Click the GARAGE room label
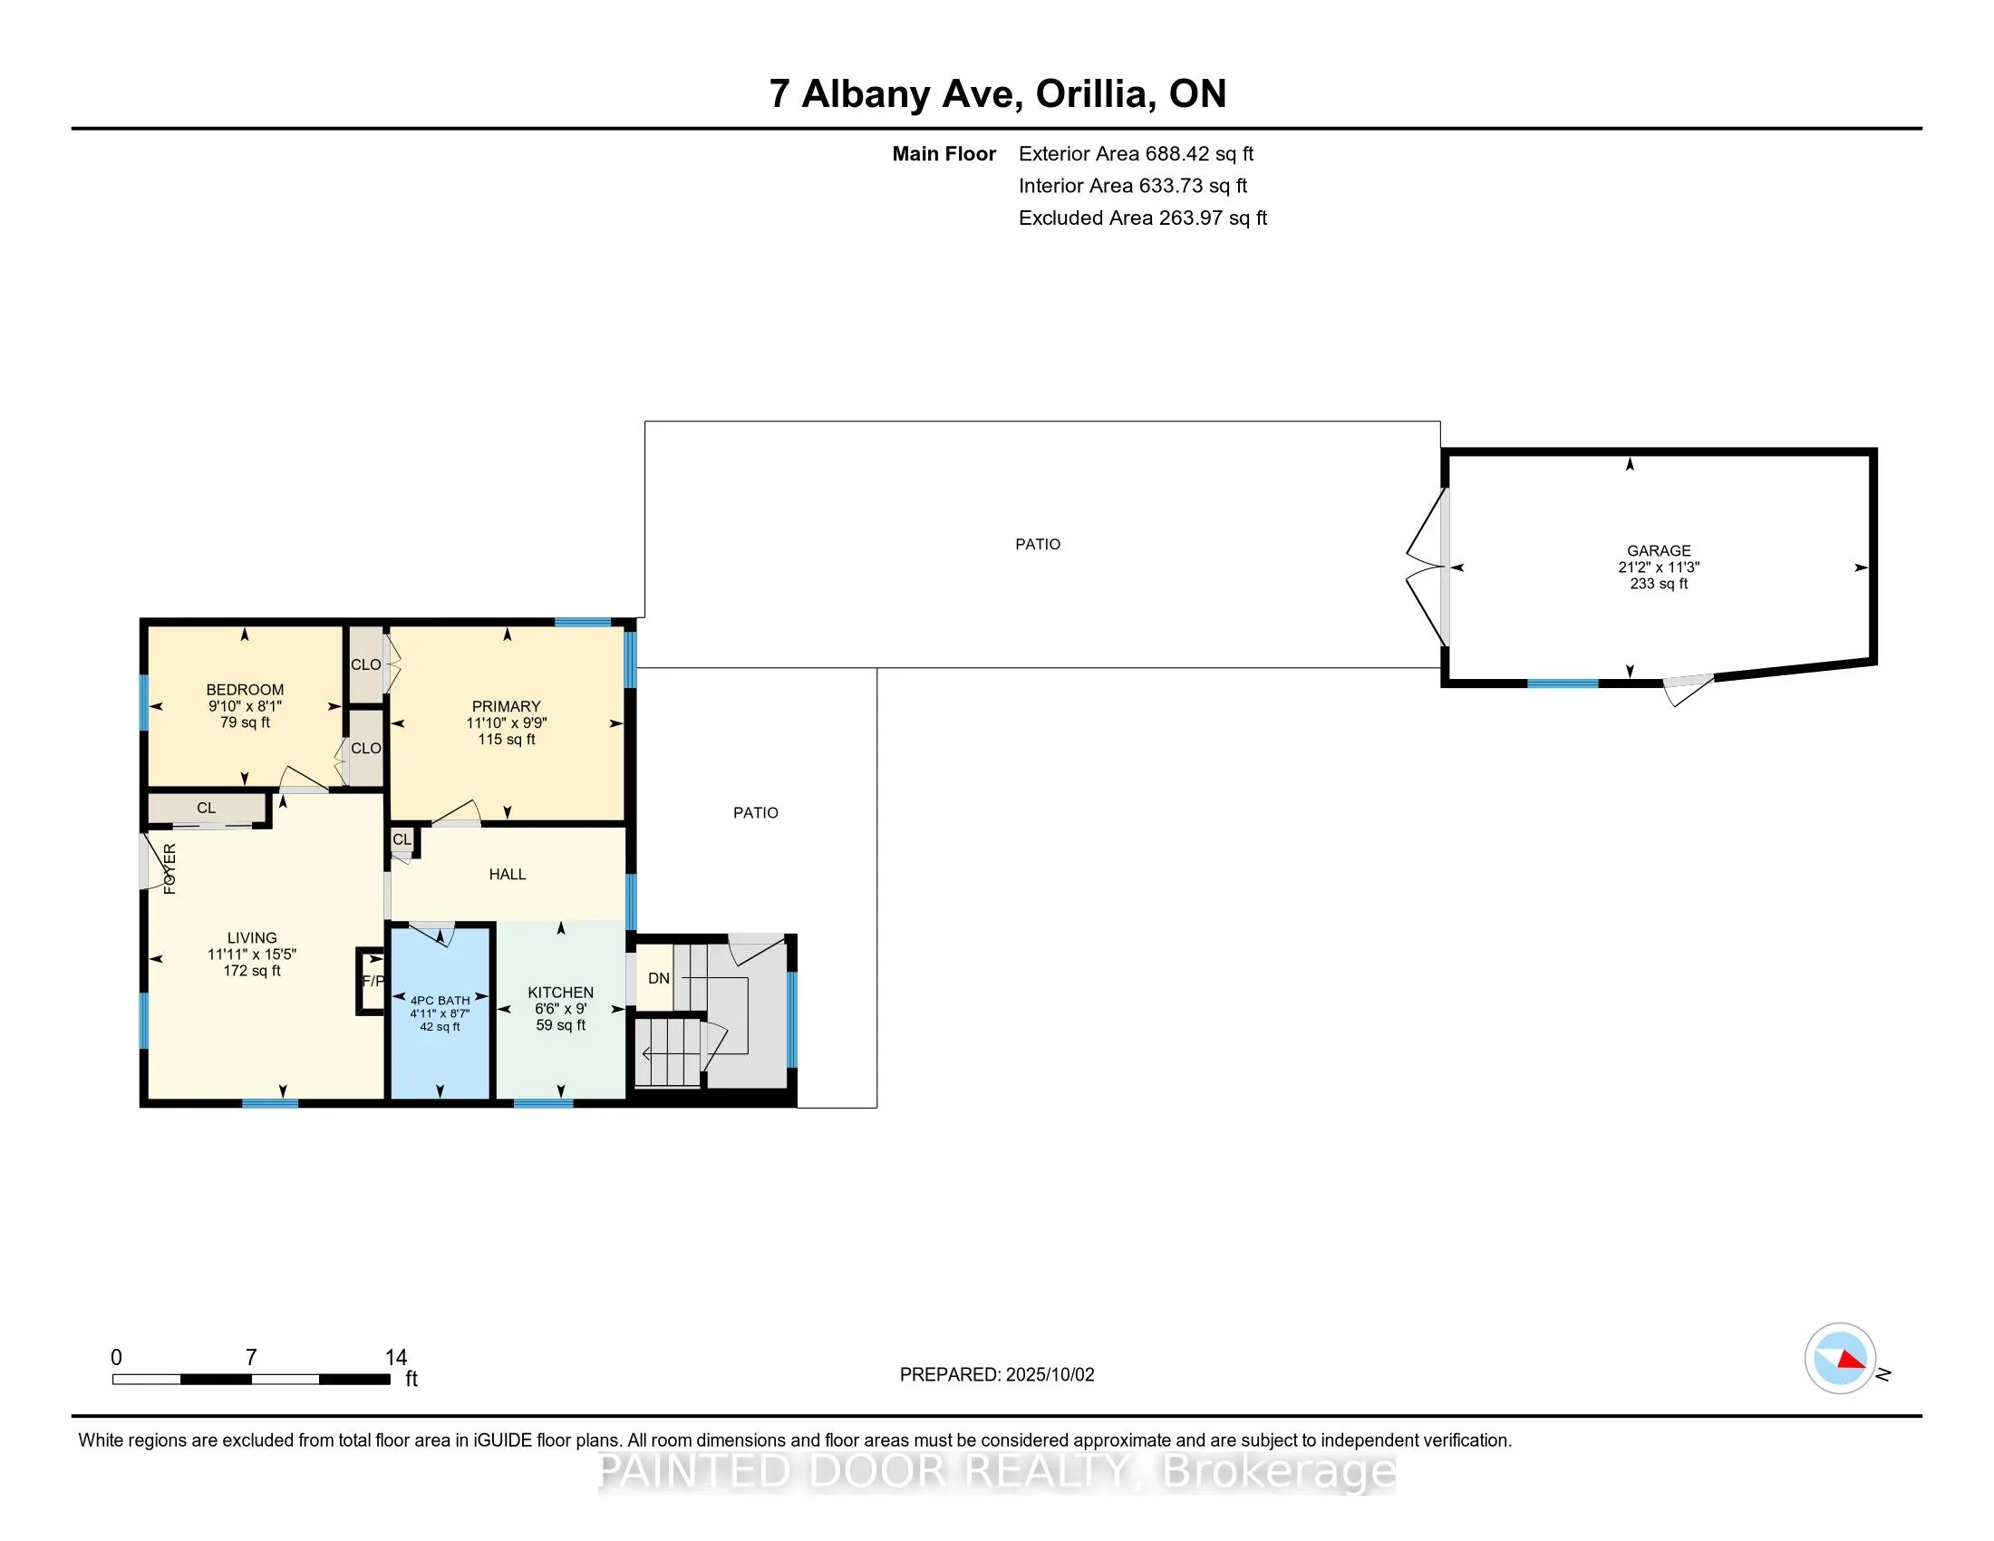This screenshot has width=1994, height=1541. pyautogui.click(x=1658, y=550)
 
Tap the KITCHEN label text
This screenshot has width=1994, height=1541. pyautogui.click(x=560, y=993)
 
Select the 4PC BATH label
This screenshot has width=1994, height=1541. pyautogui.click(x=440, y=1001)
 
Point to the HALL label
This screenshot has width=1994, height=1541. pyautogui.click(x=508, y=875)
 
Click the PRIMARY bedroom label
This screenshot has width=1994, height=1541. pyautogui.click(x=506, y=707)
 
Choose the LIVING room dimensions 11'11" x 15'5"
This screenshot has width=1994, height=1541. pyautogui.click(x=252, y=954)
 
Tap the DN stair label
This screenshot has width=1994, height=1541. pyautogui.click(x=658, y=979)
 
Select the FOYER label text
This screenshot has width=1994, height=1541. pyautogui.click(x=169, y=869)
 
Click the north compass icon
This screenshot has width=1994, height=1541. pyautogui.click(x=1840, y=1359)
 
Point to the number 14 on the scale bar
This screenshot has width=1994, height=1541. pyautogui.click(x=395, y=1358)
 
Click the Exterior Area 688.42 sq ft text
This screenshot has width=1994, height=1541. pyautogui.click(x=1136, y=154)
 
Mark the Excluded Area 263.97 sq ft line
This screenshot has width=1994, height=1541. pyautogui.click(x=1143, y=218)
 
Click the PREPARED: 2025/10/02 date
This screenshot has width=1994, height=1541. pyautogui.click(x=997, y=1375)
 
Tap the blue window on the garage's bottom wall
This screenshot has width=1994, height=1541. pyautogui.click(x=1563, y=683)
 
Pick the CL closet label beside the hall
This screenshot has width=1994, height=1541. pyautogui.click(x=402, y=839)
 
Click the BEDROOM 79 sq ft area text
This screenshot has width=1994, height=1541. pyautogui.click(x=245, y=722)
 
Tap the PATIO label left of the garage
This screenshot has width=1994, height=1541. pyautogui.click(x=1038, y=544)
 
